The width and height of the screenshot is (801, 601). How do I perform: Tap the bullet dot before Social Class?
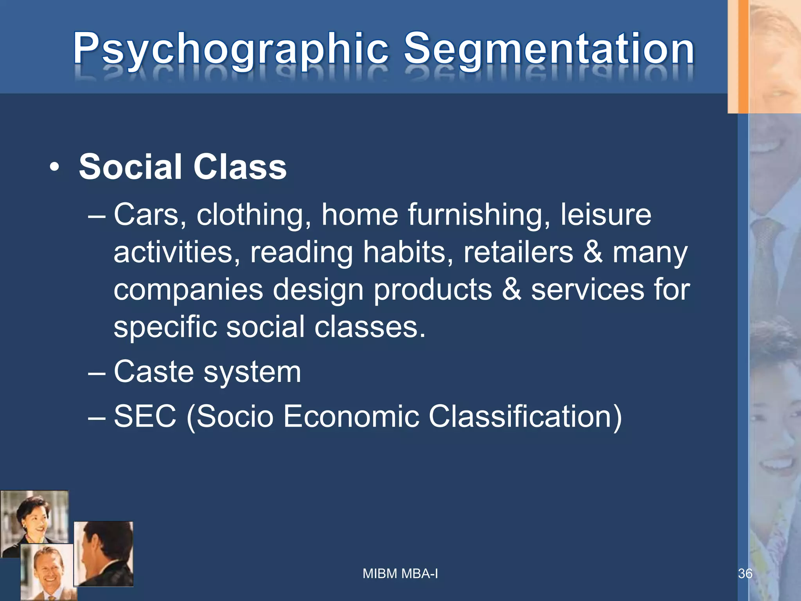point(55,168)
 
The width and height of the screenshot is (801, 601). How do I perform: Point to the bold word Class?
point(240,167)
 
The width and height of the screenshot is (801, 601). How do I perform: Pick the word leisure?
point(606,215)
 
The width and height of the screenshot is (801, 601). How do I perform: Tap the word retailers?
point(518,252)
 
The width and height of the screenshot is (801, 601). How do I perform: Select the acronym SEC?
point(145,416)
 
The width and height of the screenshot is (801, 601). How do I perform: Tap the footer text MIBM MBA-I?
point(400,574)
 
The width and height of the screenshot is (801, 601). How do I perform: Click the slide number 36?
point(745,574)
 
